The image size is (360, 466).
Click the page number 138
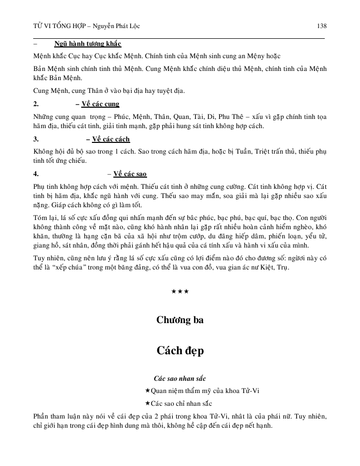pyautogui.click(x=321, y=26)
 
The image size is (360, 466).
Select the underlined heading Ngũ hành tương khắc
pyautogui.click(x=88, y=44)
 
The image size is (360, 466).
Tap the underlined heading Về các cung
pyautogui.click(x=100, y=104)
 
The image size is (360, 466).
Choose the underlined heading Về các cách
pyautogui.click(x=111, y=139)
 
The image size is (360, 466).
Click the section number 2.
pyautogui.click(x=36, y=104)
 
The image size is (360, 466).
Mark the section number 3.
pyautogui.click(x=36, y=139)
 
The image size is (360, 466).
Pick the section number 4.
pyautogui.click(x=36, y=174)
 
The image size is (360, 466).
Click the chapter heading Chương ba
pyautogui.click(x=180, y=320)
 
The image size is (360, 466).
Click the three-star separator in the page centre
pyautogui.click(x=180, y=291)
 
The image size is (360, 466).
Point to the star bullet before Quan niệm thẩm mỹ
pyautogui.click(x=148, y=391)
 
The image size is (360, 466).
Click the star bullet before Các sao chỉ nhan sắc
pyautogui.click(x=148, y=403)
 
